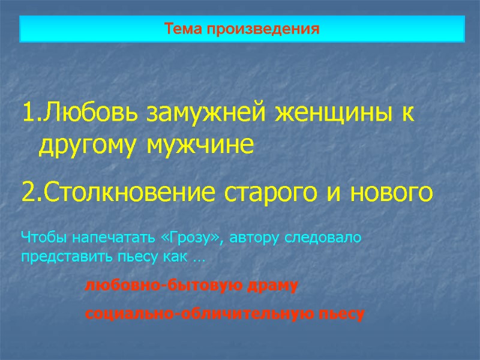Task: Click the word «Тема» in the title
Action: coord(184,29)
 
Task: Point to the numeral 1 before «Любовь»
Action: coord(27,113)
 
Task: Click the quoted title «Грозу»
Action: coord(193,237)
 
